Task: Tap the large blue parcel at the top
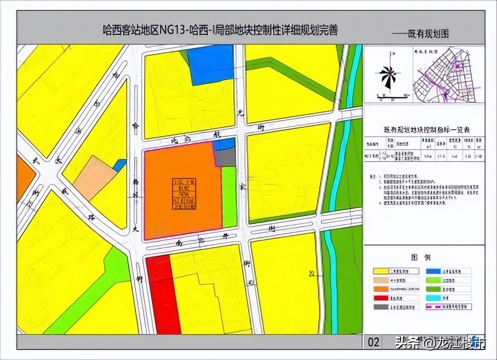(x=212, y=63)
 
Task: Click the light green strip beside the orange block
(x=229, y=196)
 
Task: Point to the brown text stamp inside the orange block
(x=184, y=193)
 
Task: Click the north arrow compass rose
(x=388, y=76)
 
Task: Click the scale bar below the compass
(x=392, y=96)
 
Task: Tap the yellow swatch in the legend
(x=381, y=271)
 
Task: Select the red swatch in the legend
(x=381, y=298)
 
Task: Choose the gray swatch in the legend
(x=381, y=307)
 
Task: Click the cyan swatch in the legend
(x=433, y=298)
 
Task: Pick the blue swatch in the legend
(x=433, y=271)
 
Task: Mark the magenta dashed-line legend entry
(x=433, y=307)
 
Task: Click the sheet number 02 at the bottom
(x=374, y=342)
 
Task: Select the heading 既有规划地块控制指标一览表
(x=423, y=129)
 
